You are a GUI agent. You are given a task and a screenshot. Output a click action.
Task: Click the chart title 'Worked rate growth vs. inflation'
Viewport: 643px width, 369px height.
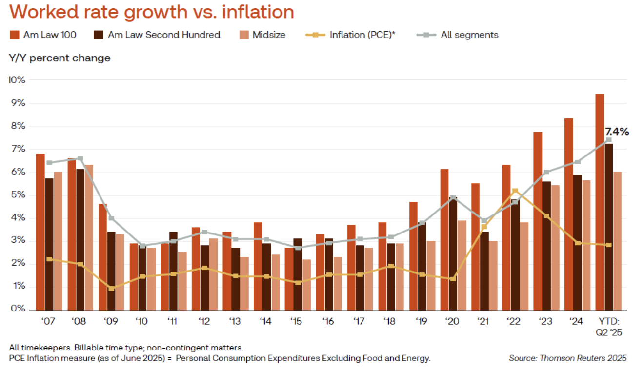click(151, 12)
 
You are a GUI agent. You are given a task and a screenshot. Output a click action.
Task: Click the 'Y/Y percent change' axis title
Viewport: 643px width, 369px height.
click(60, 58)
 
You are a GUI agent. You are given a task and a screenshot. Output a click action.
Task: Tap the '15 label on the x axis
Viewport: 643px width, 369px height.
click(297, 322)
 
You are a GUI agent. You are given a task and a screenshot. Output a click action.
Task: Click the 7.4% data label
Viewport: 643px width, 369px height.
click(617, 132)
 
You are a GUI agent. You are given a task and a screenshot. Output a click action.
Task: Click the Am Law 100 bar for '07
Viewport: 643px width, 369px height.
click(40, 232)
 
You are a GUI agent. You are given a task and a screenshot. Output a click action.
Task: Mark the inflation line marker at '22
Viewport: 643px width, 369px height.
click(515, 191)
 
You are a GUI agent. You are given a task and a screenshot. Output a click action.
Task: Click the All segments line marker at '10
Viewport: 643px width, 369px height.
click(142, 246)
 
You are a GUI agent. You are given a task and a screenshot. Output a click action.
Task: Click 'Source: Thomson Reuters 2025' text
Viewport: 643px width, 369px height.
click(567, 358)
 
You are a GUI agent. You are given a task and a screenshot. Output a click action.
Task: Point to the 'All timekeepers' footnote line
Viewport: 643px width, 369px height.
click(126, 348)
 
